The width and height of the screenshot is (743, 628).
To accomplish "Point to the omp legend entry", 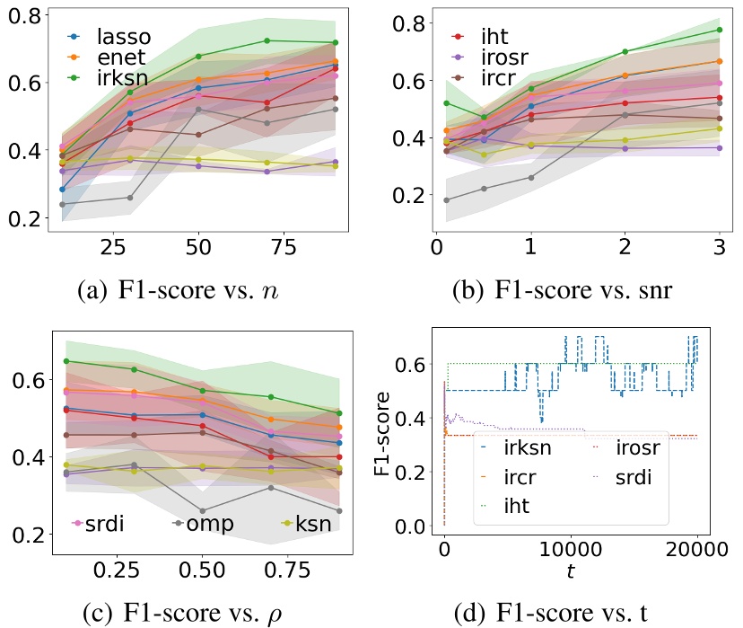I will (x=209, y=523).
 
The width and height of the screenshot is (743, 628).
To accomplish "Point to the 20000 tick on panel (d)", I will (x=696, y=551).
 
